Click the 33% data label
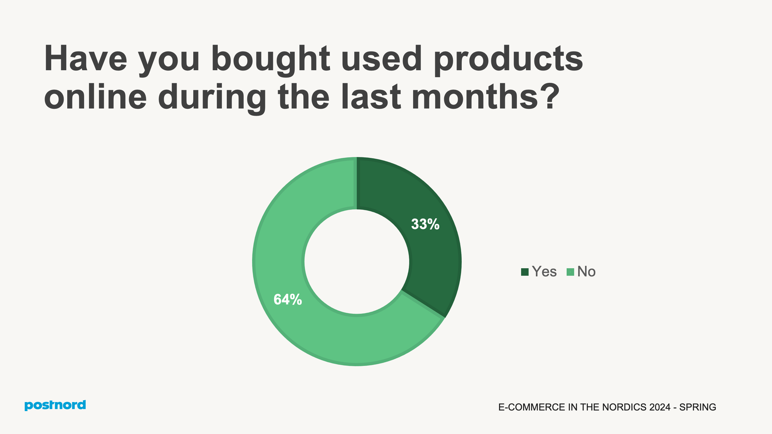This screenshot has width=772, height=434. [425, 224]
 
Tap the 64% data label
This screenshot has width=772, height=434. [288, 300]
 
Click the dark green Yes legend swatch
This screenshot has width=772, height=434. [525, 272]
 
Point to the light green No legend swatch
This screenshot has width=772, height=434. [570, 272]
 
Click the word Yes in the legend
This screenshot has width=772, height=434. [544, 272]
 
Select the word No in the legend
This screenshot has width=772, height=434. [586, 272]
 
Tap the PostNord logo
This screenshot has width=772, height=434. [55, 405]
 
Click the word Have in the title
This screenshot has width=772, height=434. [86, 59]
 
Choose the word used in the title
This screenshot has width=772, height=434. [381, 59]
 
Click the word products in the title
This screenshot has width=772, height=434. [508, 59]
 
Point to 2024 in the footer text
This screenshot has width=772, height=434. [660, 407]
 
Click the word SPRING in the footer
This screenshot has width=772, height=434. [698, 407]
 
